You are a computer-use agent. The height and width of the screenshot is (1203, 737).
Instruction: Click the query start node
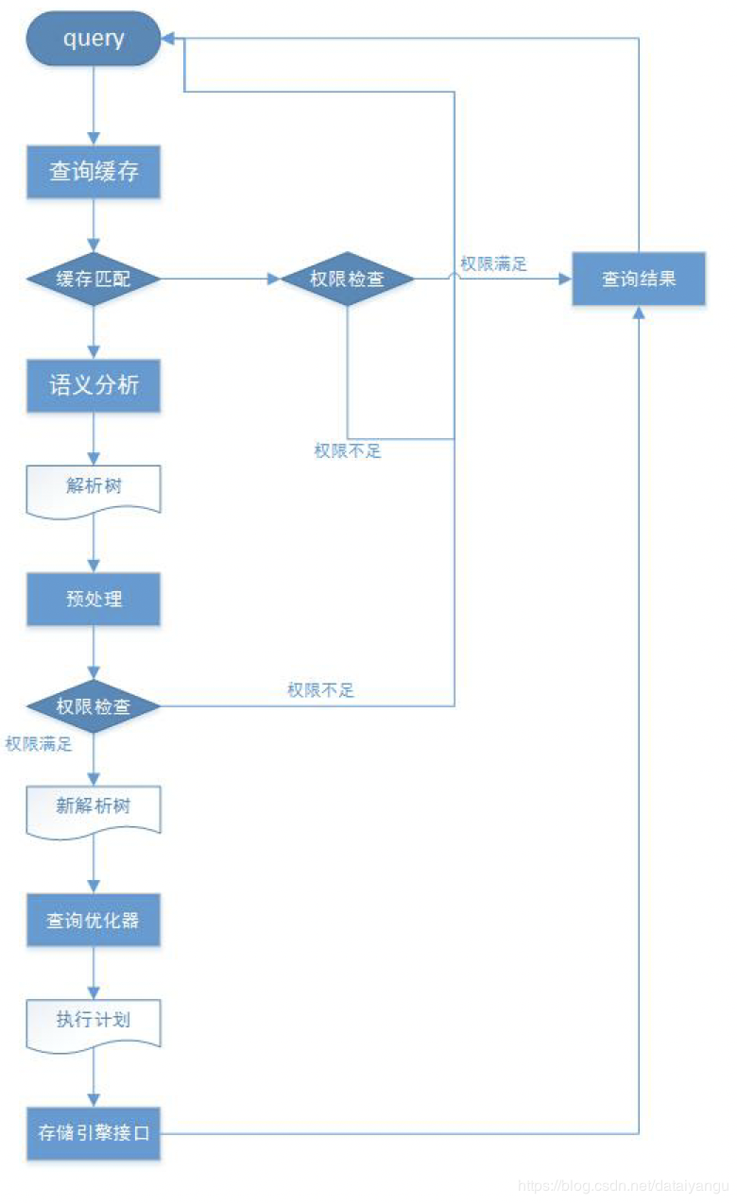coord(94,39)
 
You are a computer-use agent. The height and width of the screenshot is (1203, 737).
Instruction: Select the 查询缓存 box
coord(94,172)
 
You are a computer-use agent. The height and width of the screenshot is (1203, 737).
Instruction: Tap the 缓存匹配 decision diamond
coord(94,280)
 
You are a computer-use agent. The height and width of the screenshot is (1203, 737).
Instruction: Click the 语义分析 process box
coord(94,385)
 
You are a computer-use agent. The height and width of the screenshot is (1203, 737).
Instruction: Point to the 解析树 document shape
coord(94,487)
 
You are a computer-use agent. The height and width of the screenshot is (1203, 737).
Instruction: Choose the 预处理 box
coord(94,599)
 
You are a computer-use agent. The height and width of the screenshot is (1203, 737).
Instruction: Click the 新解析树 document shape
coord(94,807)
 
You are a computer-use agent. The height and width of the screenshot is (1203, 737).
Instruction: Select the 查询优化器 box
coord(94,919)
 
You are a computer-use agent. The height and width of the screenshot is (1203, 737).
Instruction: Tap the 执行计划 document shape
coord(94,1021)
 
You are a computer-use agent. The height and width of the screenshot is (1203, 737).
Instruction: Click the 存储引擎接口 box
coord(94,1132)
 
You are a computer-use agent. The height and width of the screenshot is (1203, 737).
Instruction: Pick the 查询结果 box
coord(639,279)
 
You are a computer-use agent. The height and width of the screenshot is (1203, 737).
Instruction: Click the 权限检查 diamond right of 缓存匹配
coord(348,280)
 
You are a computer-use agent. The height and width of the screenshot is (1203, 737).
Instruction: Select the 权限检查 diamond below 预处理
coord(94,706)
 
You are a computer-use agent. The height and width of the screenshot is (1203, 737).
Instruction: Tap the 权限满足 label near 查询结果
coord(493,263)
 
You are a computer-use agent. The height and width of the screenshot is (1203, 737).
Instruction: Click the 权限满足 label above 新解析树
coord(39,744)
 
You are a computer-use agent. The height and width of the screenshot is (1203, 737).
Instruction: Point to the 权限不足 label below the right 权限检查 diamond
coord(348,451)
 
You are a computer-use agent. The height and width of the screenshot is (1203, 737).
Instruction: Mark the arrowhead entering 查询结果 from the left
coord(566,280)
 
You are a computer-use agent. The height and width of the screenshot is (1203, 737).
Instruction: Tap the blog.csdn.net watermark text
coord(624,1185)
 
